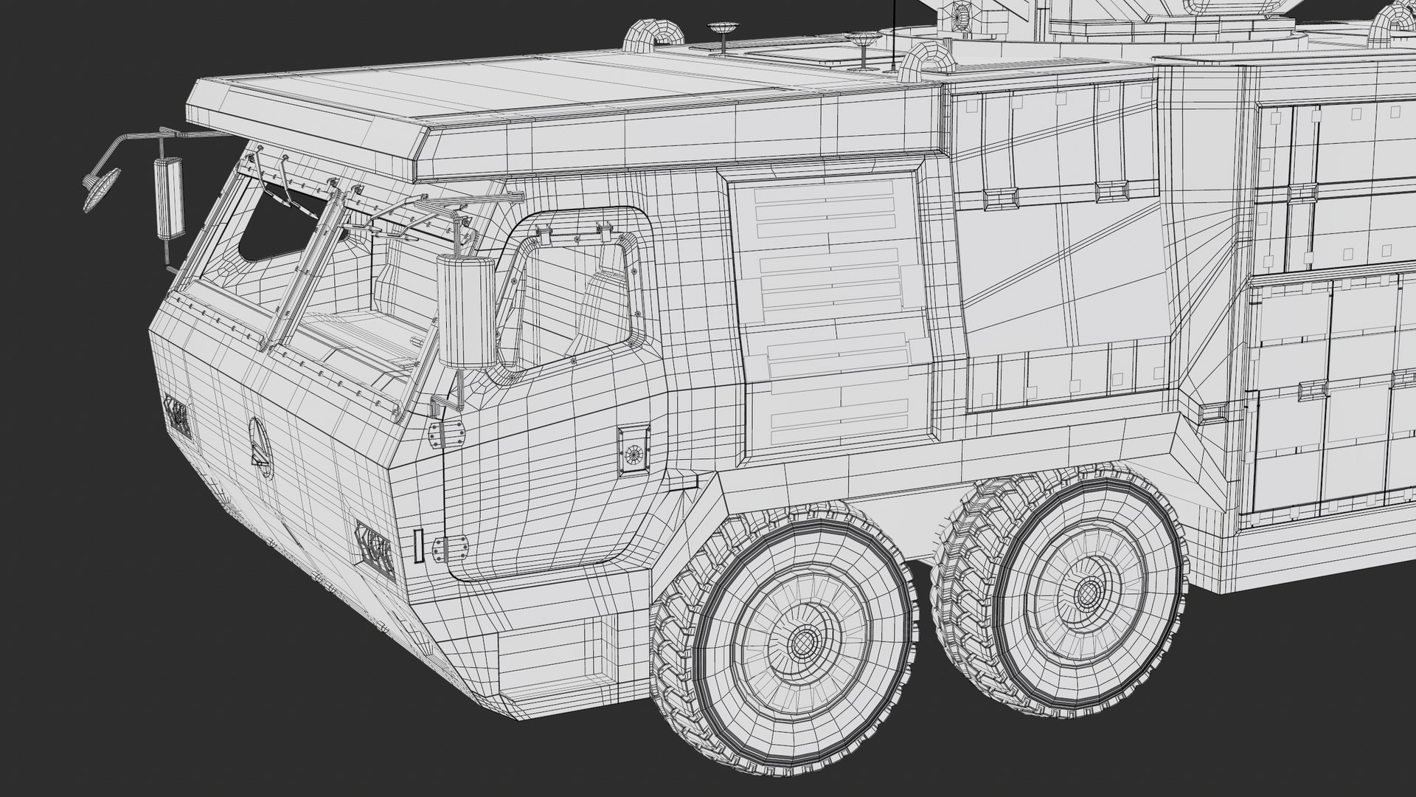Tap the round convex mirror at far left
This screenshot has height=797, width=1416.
101,189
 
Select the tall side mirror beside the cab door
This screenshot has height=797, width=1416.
467,312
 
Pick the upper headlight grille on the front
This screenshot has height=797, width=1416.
178,417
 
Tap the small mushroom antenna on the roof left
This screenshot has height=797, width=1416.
721,33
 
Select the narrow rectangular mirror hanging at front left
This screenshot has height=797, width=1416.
167,197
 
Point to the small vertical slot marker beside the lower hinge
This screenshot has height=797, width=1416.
417,547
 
